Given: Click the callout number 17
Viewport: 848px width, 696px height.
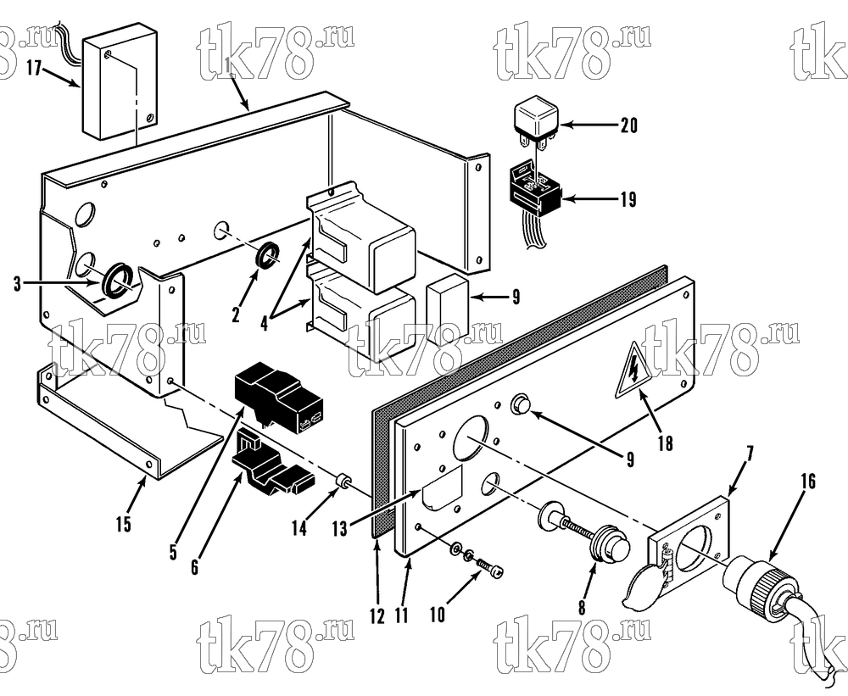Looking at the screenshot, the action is click(34, 69).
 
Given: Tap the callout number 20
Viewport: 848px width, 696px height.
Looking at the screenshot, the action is click(629, 125).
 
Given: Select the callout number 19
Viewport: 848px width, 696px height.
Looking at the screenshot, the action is click(628, 200).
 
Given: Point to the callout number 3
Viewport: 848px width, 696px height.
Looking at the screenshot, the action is click(17, 283).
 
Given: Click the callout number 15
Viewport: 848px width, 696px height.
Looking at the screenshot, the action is click(123, 524).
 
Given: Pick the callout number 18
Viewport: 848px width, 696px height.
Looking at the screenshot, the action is click(665, 443).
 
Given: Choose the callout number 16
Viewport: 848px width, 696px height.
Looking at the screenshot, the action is click(807, 481).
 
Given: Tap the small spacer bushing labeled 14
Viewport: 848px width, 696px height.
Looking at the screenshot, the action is click(342, 480).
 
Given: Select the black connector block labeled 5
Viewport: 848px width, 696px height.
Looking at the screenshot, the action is click(278, 396).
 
